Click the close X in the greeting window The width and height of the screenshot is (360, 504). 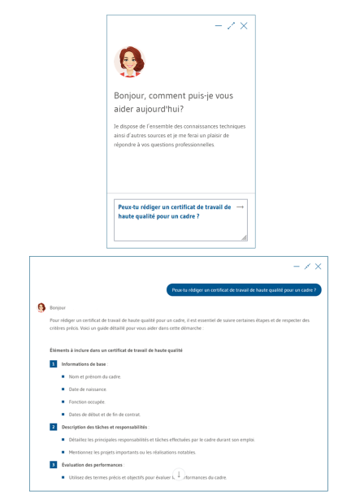[244, 26]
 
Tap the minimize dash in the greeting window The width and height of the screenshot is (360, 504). [218, 26]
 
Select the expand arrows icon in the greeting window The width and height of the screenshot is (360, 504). [231, 26]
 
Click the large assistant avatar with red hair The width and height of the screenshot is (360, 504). [128, 61]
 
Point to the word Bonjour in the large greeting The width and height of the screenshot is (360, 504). [131, 96]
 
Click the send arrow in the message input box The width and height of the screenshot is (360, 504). [239, 207]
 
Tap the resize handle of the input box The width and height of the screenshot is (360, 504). [244, 237]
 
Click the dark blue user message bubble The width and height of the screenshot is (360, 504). [244, 289]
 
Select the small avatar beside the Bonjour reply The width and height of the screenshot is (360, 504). [41, 308]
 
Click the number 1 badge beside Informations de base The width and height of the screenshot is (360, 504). [53, 364]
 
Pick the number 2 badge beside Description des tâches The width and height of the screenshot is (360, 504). [53, 427]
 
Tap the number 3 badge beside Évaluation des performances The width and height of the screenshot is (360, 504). [53, 464]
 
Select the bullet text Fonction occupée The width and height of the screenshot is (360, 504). [88, 402]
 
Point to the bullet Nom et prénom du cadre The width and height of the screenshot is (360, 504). [95, 377]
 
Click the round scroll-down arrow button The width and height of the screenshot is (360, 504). [179, 475]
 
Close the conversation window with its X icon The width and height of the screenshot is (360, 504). [318, 267]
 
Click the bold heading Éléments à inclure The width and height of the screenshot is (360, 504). [115, 350]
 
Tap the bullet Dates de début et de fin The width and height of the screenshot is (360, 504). [105, 415]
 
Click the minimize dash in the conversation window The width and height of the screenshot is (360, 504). [296, 267]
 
